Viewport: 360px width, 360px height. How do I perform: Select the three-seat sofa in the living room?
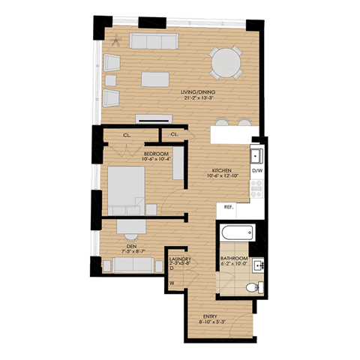[x=151, y=40]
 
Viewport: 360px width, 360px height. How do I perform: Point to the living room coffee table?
[x=158, y=79]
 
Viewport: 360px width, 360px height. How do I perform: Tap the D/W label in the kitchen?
[x=256, y=171]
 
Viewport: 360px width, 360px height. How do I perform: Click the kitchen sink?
[x=256, y=155]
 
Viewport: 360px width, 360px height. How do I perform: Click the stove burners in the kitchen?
[x=256, y=187]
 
